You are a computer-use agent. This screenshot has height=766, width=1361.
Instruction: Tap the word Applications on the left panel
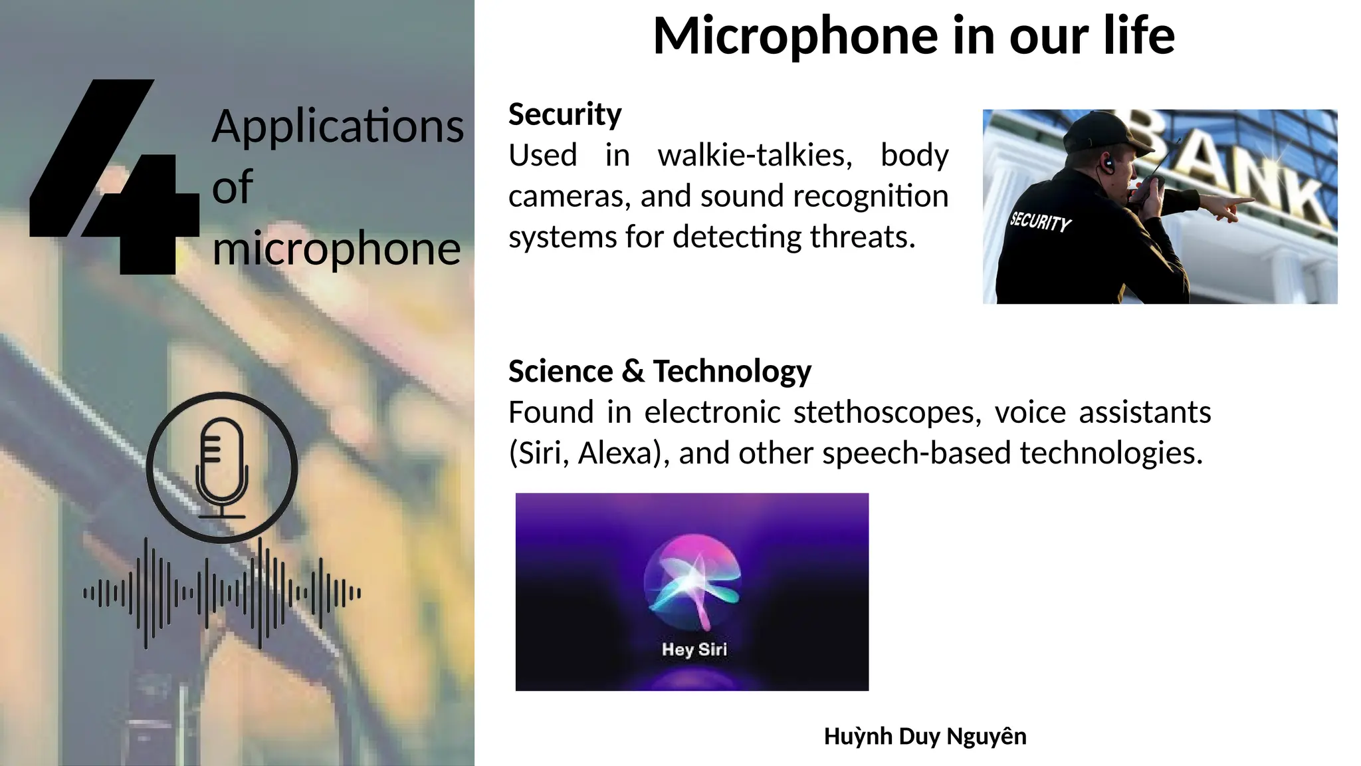[338, 126]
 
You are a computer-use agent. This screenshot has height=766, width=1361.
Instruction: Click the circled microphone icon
[222, 467]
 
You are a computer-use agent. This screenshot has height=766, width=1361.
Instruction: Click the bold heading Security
[565, 114]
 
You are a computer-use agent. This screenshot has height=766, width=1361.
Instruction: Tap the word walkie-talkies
[755, 156]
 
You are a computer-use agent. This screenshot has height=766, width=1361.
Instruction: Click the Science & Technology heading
[659, 371]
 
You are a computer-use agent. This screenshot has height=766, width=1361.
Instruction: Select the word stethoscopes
[887, 412]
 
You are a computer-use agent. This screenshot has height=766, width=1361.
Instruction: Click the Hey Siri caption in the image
[694, 649]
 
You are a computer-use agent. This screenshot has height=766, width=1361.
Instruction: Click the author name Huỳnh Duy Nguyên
[925, 737]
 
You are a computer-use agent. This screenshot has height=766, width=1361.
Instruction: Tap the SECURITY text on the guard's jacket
[1040, 221]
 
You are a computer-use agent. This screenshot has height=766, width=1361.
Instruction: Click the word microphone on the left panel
[336, 249]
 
